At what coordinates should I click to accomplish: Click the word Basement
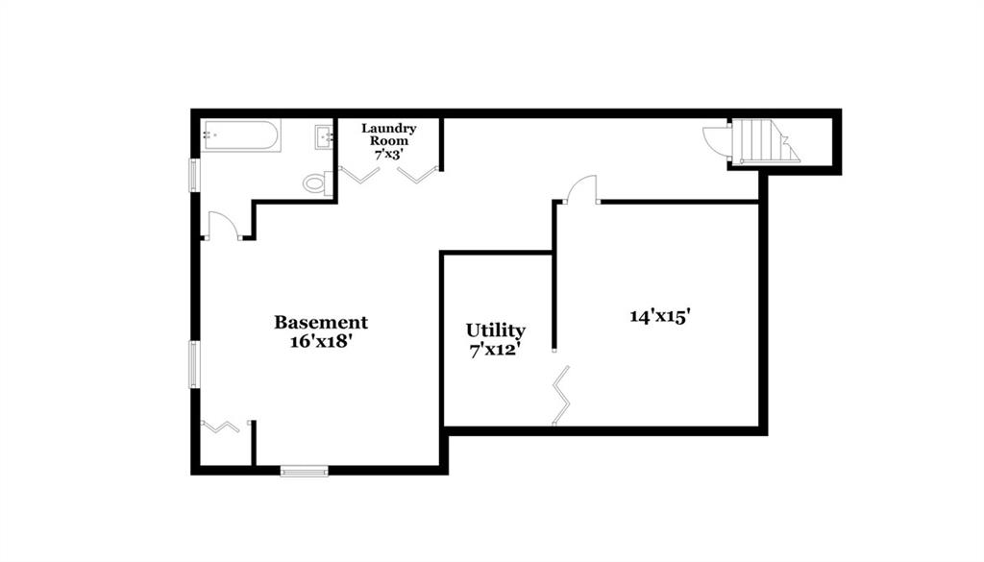coord(321,323)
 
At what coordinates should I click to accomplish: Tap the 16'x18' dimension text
coord(321,342)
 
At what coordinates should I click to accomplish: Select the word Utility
coord(495,330)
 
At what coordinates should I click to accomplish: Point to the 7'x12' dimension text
coord(495,350)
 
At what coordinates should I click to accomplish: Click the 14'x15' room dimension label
coord(660,316)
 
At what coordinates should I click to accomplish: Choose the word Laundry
coord(389,129)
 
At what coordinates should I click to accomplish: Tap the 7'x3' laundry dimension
coord(389,155)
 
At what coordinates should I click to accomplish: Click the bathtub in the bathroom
coord(240,135)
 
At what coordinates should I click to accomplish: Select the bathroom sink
coord(324,137)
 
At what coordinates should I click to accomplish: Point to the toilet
coord(317,183)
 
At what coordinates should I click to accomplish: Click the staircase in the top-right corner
coord(765,142)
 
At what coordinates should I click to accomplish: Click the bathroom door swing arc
coord(223,225)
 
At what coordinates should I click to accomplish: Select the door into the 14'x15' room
coord(581,188)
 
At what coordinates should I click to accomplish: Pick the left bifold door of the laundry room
coord(359,175)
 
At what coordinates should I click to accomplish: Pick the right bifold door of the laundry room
coord(417,175)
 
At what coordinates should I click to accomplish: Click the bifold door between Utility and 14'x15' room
coord(561,396)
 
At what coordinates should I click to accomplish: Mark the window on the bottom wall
coord(305,471)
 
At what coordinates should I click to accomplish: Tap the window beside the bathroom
coord(194,175)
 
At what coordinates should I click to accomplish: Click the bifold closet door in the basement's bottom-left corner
coord(220,427)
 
